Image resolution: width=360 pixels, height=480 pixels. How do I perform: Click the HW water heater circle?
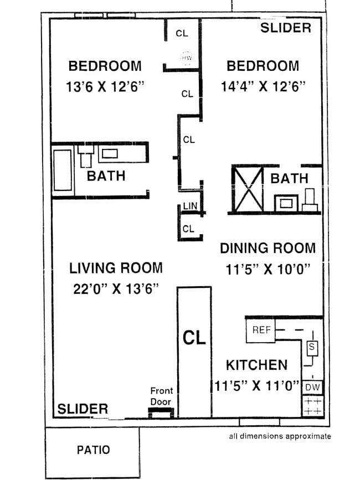184,57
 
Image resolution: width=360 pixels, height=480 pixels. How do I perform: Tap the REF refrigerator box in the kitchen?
261,330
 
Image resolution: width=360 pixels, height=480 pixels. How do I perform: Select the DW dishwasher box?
312,386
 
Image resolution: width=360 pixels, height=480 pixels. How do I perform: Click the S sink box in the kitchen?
311,347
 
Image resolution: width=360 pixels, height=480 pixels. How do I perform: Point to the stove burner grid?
312,405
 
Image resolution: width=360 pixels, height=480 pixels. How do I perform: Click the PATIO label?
92,450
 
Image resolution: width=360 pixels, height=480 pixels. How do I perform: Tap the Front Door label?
161,396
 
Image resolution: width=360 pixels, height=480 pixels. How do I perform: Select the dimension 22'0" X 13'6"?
116,288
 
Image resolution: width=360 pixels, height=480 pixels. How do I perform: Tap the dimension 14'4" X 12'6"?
263,86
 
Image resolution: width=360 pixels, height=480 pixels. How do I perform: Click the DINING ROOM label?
268,248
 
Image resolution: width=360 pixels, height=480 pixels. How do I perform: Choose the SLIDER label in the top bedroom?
286,28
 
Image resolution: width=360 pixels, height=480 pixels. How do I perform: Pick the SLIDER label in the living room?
83,409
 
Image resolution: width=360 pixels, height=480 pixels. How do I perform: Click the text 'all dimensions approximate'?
280,436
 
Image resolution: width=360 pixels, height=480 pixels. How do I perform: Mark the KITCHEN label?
256,365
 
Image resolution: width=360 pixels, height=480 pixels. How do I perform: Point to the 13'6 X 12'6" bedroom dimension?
105,86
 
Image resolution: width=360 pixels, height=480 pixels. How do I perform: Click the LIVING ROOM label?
116,268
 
